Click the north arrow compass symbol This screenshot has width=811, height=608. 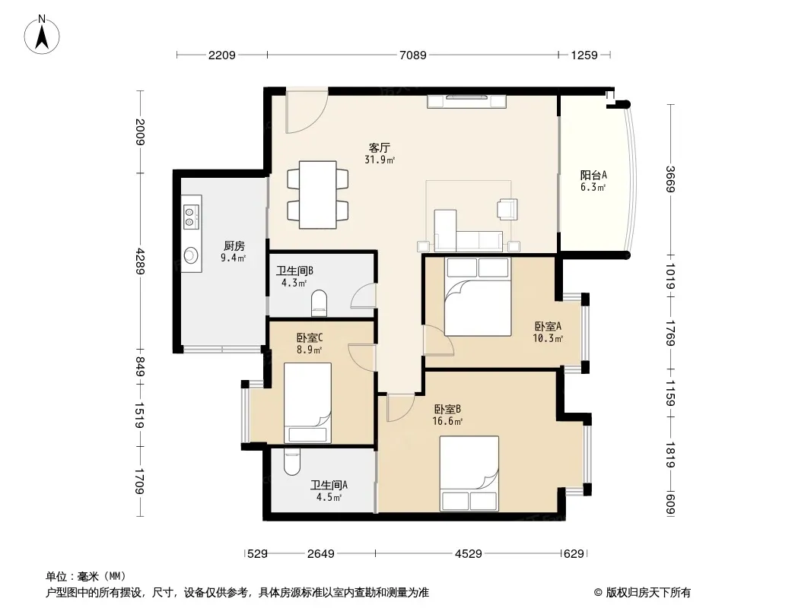42,35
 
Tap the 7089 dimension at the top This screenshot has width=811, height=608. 413,55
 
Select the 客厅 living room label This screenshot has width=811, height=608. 379,147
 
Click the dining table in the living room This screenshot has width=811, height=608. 317,195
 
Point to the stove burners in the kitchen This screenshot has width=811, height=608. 190,217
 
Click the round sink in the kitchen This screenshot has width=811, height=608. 192,255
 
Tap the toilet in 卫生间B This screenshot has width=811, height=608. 320,302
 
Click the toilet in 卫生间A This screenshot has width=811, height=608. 291,462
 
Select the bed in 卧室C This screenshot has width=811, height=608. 307,402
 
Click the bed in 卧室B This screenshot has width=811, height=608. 469,473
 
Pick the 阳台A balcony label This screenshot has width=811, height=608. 593,175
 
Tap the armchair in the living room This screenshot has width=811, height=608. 507,209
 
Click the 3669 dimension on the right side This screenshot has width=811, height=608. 671,179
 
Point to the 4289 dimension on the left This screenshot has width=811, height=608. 140,261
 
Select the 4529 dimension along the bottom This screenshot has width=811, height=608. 469,554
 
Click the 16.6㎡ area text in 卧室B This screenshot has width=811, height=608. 447,421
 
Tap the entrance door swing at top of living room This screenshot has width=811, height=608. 307,112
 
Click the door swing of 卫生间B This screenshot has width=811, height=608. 363,296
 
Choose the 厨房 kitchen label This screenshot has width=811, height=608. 234,246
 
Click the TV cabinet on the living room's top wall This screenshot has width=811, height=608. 466,101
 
